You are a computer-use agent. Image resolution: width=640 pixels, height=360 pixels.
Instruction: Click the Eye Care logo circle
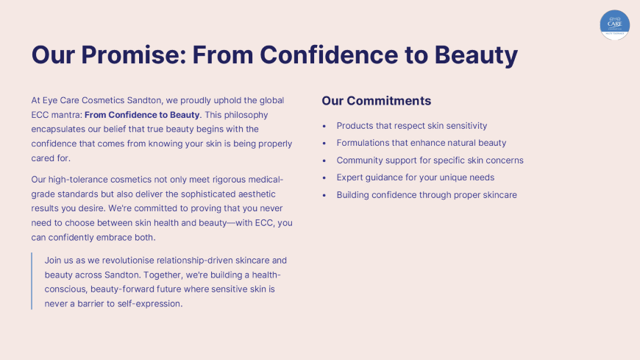[615, 25]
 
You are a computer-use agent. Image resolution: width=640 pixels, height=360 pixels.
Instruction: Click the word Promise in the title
[133, 54]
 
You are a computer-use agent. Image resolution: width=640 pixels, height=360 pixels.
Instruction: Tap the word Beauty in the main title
[476, 55]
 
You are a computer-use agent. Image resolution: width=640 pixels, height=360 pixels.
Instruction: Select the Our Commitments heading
[377, 101]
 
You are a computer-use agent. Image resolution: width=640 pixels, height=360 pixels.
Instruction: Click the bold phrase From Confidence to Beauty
[142, 115]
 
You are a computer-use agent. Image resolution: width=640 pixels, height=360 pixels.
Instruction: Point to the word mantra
[66, 115]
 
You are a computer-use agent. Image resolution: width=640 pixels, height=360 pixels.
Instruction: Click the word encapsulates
[58, 130]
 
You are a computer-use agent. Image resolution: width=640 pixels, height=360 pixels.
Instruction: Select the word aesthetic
[257, 194]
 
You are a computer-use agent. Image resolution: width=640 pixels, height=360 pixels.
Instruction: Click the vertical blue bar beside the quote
[32, 281]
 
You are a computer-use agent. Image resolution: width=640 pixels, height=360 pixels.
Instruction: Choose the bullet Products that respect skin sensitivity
[412, 126]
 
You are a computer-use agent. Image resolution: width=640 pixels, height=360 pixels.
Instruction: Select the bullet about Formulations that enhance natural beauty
[422, 143]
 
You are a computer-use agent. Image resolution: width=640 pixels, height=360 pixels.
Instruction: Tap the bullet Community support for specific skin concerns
[430, 160]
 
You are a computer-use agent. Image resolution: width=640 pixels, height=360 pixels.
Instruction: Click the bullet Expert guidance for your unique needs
[416, 177]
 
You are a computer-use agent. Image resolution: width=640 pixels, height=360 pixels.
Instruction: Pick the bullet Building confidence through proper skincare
[427, 195]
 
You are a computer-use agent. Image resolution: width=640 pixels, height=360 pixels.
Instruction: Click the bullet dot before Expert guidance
[324, 178]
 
